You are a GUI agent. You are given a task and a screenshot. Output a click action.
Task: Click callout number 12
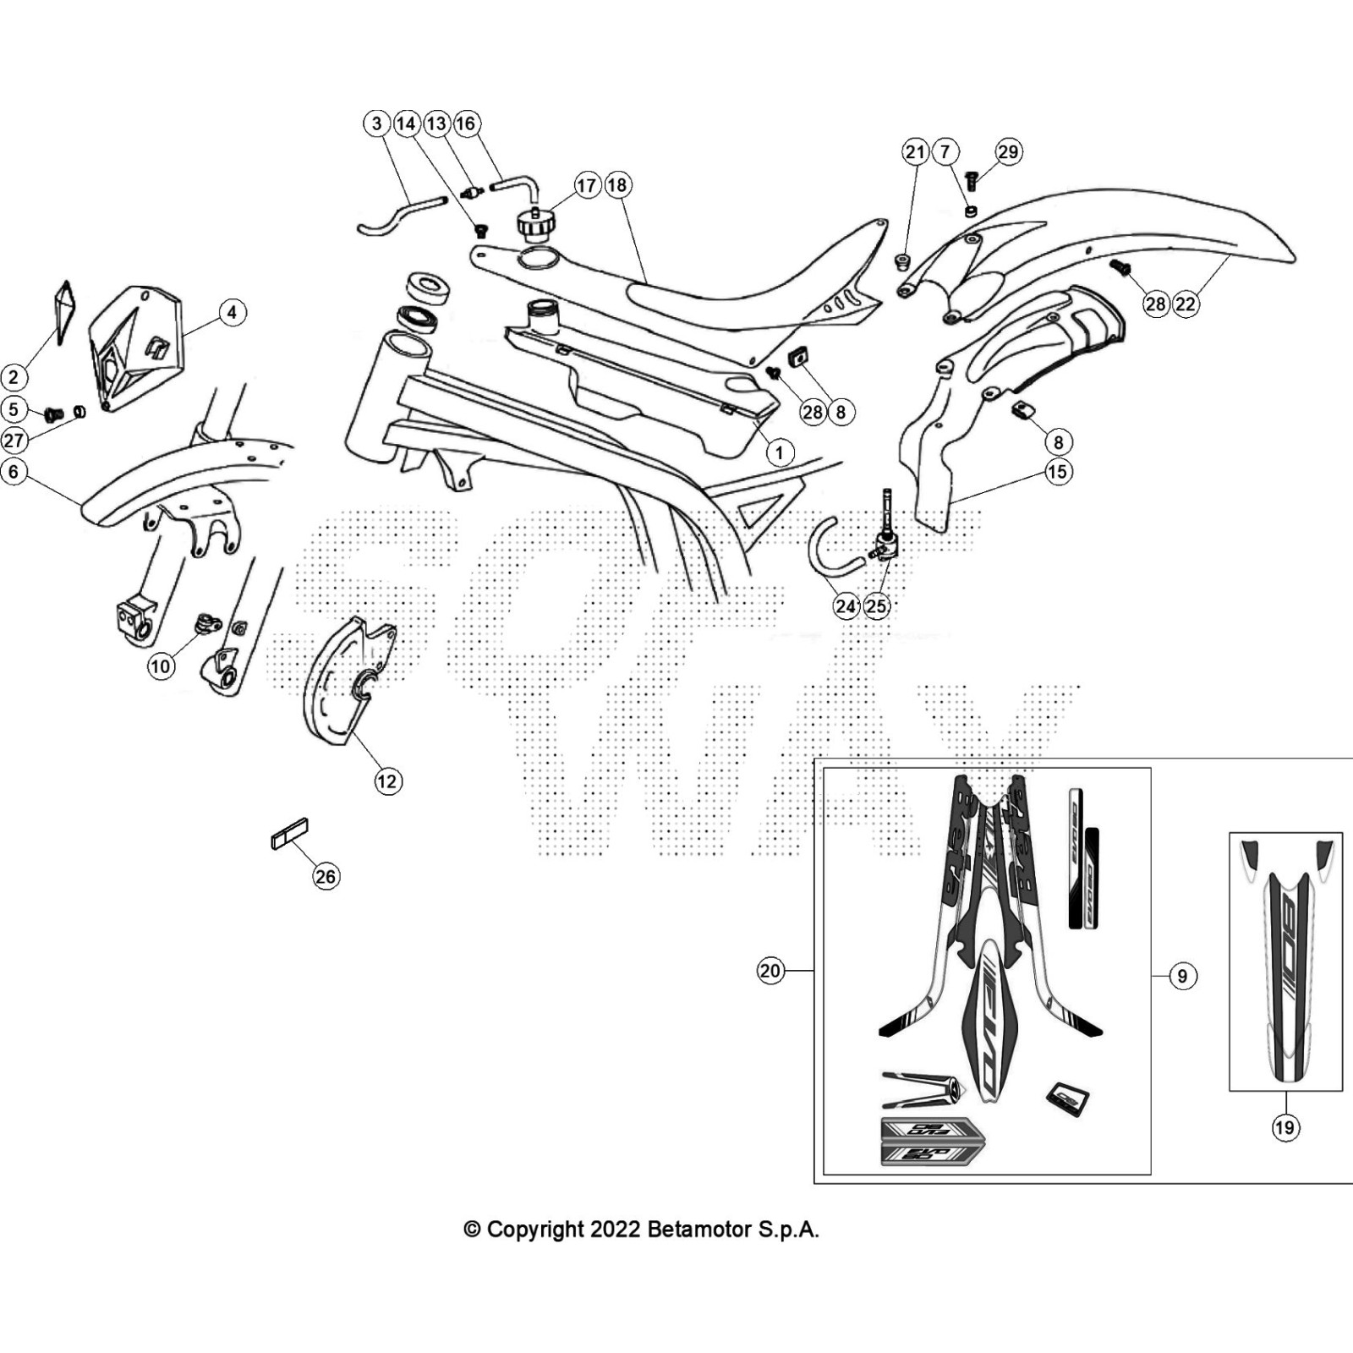click(387, 781)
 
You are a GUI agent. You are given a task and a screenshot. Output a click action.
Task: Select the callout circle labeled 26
click(326, 876)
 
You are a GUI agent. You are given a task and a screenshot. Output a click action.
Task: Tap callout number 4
click(233, 312)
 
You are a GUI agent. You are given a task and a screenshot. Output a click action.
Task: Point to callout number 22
click(1186, 304)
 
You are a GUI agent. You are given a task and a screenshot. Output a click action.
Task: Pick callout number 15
click(1058, 471)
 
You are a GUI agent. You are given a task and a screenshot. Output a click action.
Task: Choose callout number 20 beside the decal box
click(770, 971)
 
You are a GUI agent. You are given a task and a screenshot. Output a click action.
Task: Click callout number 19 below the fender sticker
click(1285, 1127)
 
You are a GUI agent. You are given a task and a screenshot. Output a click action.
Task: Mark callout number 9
click(1182, 976)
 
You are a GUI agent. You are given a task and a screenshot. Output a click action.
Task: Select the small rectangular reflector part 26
click(289, 833)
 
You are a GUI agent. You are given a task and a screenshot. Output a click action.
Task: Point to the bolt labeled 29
click(972, 178)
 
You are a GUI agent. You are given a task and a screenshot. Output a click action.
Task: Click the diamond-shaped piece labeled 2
click(64, 309)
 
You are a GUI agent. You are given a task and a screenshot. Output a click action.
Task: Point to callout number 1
click(779, 452)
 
